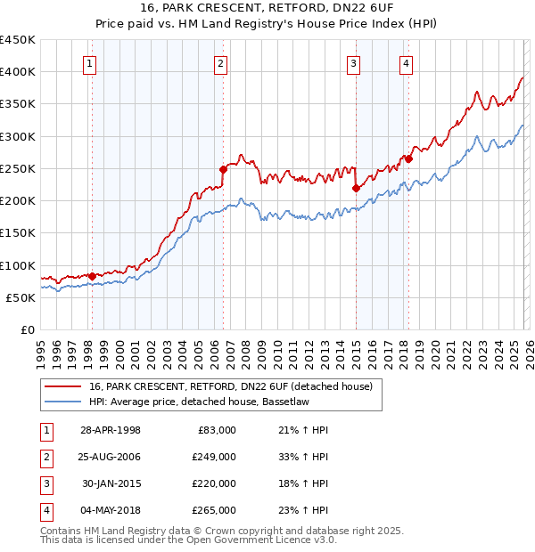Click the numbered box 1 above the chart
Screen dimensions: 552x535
(x=91, y=63)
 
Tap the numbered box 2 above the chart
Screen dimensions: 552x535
(x=220, y=63)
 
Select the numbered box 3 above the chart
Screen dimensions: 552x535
(x=354, y=63)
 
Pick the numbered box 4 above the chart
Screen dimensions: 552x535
(x=406, y=63)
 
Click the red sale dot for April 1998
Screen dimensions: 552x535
(x=92, y=276)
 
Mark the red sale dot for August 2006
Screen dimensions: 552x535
(x=223, y=168)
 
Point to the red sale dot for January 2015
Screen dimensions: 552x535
(x=356, y=188)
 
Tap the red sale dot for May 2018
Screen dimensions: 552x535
(x=407, y=158)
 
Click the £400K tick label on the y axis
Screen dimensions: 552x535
(x=18, y=72)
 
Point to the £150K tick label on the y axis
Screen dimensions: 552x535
(x=18, y=233)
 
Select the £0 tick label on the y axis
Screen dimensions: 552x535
(x=26, y=330)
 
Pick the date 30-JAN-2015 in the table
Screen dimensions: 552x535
(x=110, y=485)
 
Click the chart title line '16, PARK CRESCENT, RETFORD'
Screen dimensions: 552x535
(x=267, y=8)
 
